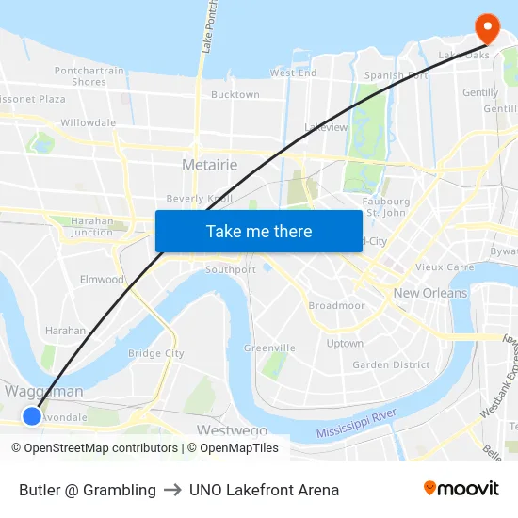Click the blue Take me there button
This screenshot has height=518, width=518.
(x=259, y=231)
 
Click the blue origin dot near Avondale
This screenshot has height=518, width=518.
(x=32, y=415)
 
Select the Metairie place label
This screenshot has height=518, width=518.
(x=209, y=165)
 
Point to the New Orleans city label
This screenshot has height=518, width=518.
(x=430, y=293)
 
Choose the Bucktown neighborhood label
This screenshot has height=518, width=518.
(x=235, y=95)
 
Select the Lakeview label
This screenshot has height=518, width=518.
(x=326, y=127)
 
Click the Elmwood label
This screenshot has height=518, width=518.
(x=102, y=280)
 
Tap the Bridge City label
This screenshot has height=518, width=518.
(x=156, y=353)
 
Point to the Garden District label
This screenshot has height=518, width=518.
(x=391, y=365)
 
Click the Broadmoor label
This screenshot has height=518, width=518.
(x=336, y=306)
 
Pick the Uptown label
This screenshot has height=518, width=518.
(x=345, y=344)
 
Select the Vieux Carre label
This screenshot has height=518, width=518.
(x=445, y=267)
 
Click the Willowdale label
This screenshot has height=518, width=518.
(x=88, y=122)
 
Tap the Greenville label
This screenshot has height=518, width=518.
(x=269, y=348)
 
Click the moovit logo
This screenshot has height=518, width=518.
(x=461, y=489)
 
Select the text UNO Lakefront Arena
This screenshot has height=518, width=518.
(x=264, y=490)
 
